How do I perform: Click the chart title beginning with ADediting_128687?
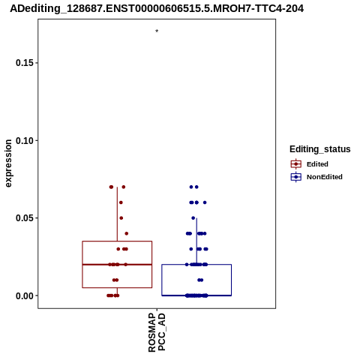coord(157,9)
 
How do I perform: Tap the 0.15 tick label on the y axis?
coord(25,63)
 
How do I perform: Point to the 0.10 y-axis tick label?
coord(25,140)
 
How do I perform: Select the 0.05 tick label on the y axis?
coord(25,218)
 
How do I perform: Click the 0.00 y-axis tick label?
coord(25,295)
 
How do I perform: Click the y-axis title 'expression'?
coord(8,163)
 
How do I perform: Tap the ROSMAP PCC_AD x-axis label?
coord(157,332)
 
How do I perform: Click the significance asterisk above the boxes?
coord(157,31)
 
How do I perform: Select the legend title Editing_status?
coord(320,149)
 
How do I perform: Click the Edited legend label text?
coord(317,164)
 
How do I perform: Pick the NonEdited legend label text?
coord(325,177)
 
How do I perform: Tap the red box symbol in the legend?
coord(296,164)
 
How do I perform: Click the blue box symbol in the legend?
coord(296,177)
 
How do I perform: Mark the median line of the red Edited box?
coord(117,264)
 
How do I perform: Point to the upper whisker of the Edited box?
coord(117,214)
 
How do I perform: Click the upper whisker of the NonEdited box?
coord(196,241)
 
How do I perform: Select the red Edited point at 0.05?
coord(121,218)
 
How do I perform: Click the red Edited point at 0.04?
coord(127,233)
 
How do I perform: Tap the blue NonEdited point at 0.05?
coord(193,218)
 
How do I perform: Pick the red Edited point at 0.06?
coord(121,202)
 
